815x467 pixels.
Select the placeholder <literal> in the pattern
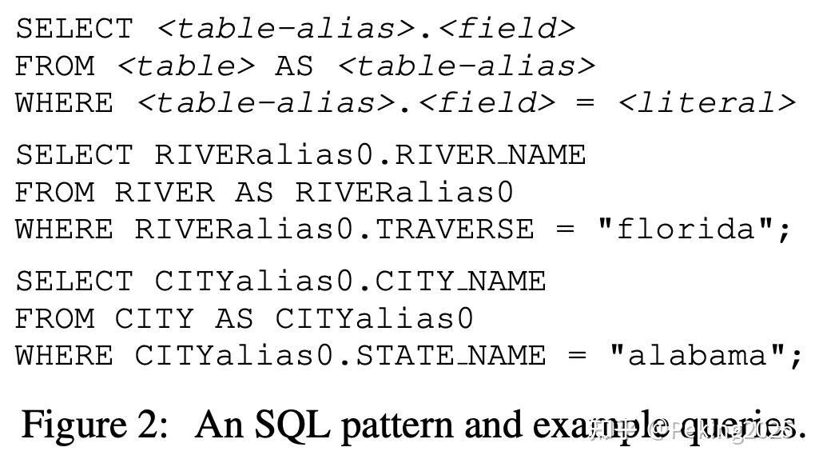tap(706, 103)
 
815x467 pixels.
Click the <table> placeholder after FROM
tap(185, 66)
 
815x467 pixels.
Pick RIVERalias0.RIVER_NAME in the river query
tap(370, 154)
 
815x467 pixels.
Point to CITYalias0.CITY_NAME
tap(350, 281)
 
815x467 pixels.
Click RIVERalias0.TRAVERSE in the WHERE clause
tap(334, 230)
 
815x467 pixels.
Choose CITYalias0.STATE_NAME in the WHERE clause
tap(340, 355)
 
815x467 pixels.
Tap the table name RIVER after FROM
tap(165, 192)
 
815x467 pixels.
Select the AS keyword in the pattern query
tap(294, 66)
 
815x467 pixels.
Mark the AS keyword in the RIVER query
tap(254, 192)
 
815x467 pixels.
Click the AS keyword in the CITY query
tap(234, 318)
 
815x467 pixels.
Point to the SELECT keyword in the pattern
tap(74, 29)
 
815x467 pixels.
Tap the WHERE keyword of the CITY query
tap(64, 355)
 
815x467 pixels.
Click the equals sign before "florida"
tap(565, 230)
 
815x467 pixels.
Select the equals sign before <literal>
tap(586, 103)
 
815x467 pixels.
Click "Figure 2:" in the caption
tap(95, 424)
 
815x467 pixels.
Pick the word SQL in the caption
tap(292, 424)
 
